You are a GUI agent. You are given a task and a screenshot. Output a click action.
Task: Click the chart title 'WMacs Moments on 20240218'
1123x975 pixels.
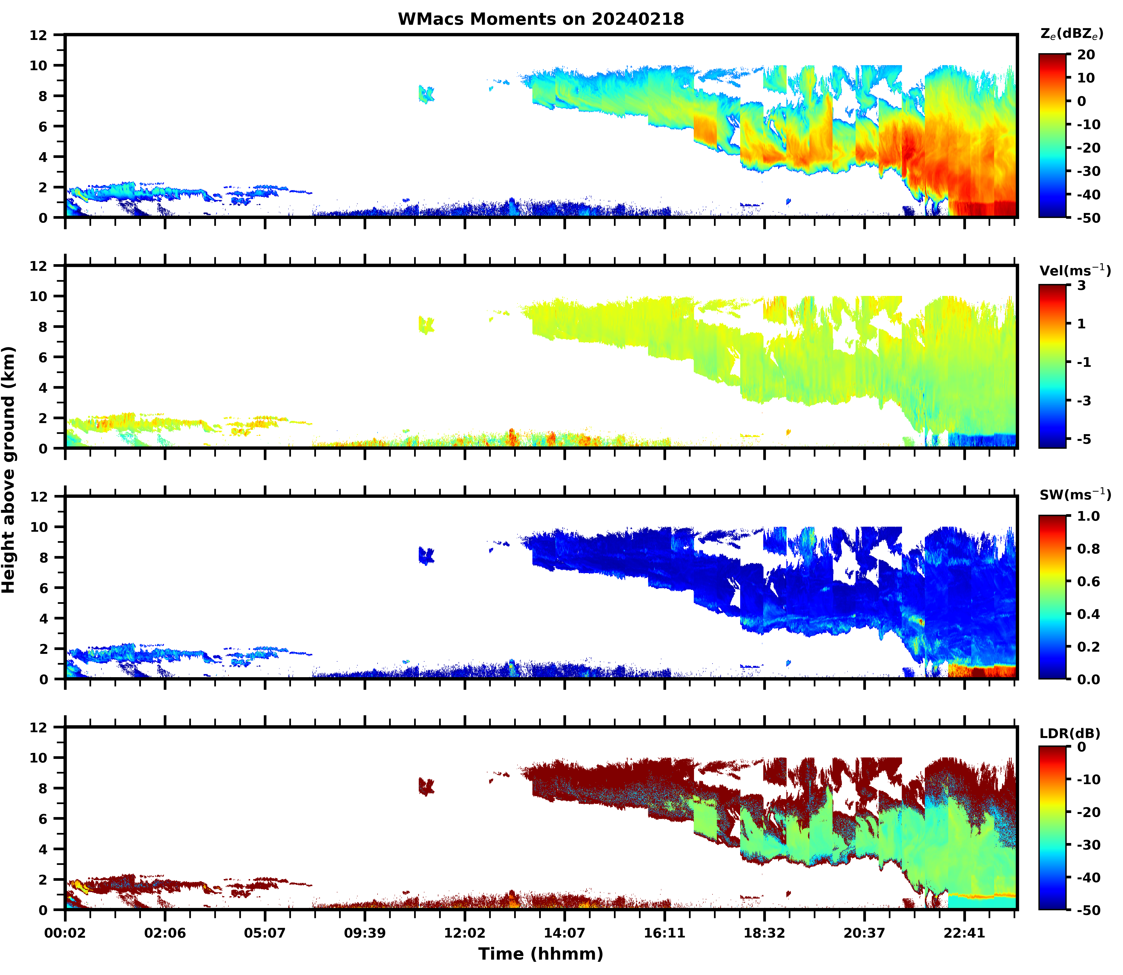click(x=541, y=19)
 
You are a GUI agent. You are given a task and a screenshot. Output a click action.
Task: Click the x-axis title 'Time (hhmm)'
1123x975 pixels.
click(x=541, y=953)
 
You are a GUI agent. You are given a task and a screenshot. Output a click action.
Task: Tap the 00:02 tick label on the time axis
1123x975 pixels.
click(x=65, y=933)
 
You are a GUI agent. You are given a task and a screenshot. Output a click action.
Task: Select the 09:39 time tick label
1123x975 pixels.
click(x=365, y=933)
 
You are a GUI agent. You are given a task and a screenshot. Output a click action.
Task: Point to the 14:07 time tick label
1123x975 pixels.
click(x=564, y=933)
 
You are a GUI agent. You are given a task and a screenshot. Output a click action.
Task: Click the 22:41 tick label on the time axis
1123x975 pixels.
click(x=964, y=933)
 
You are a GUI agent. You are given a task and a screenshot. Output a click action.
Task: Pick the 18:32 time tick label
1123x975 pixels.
click(x=764, y=933)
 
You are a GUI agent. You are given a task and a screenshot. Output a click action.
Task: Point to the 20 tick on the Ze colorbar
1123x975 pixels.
click(x=1085, y=55)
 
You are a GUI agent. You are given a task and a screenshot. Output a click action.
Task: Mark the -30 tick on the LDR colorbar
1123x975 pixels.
click(x=1088, y=844)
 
